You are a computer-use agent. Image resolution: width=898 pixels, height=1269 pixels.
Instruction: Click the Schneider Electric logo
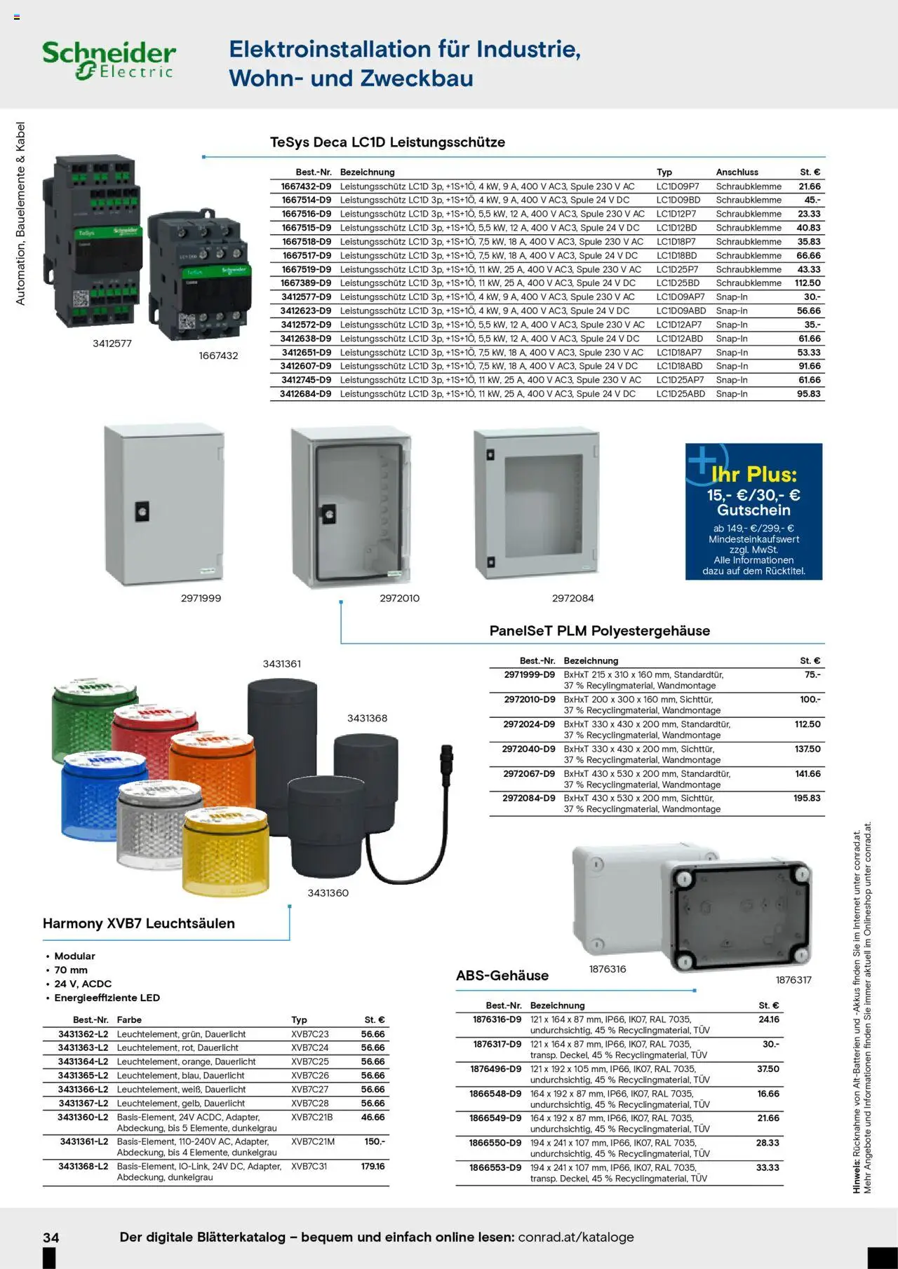tap(109, 60)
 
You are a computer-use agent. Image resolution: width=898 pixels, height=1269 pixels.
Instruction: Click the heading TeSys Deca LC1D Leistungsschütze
tap(387, 142)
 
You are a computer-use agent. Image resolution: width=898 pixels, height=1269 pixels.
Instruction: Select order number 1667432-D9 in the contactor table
tap(306, 186)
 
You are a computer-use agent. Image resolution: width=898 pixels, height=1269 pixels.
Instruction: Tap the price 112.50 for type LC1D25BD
tap(807, 283)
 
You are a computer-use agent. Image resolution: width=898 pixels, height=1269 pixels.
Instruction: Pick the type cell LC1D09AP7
tap(680, 297)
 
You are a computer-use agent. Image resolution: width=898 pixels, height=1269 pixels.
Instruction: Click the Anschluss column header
tap(737, 172)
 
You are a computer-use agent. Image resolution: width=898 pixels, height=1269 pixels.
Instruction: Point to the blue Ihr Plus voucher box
tap(753, 511)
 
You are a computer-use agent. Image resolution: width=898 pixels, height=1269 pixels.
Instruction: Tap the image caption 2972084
tap(572, 598)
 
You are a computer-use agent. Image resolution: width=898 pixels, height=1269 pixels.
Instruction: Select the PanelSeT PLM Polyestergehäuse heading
tap(599, 631)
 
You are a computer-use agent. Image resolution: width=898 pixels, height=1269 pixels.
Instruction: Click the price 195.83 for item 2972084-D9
tap(807, 799)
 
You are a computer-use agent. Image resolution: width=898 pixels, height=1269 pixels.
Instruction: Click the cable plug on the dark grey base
tap(445, 758)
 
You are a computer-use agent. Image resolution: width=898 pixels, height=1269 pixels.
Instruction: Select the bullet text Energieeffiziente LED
tap(107, 998)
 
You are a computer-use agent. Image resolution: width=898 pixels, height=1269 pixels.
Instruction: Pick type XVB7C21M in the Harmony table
tap(313, 1142)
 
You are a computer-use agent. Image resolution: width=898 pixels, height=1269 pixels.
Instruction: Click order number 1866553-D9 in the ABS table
tap(495, 1168)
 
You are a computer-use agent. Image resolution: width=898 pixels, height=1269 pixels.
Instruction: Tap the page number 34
tap(51, 1237)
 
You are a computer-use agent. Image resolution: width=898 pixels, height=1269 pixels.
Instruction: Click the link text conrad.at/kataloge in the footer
tap(575, 1237)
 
